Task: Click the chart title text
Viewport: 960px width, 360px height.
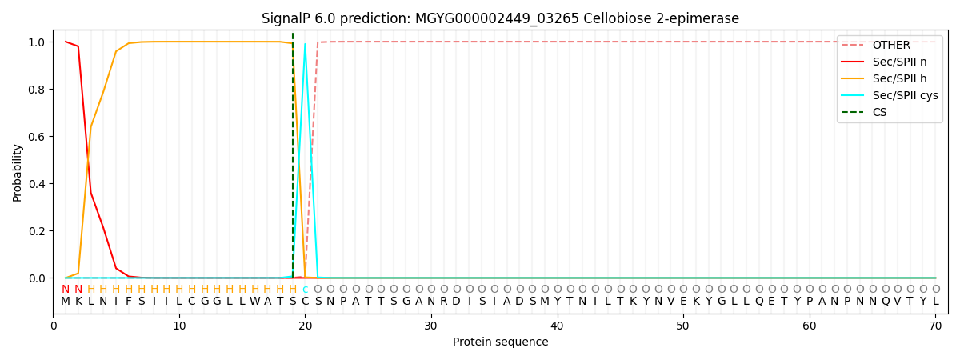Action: pos(500,18)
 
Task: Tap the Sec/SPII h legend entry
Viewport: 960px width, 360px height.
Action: pos(889,79)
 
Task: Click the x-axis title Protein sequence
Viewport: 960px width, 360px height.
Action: pos(500,342)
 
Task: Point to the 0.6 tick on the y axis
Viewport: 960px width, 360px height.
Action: pos(36,137)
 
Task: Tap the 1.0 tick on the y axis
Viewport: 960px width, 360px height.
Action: pos(36,42)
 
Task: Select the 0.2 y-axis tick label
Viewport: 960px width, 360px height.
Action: pos(36,231)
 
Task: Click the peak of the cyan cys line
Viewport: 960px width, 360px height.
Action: pos(305,45)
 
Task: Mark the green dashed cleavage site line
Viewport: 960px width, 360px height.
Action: pos(293,160)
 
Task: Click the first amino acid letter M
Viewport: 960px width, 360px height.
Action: pos(66,302)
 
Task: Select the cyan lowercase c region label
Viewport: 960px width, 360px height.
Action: pos(305,290)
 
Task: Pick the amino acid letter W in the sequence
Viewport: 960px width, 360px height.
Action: pos(254,302)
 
